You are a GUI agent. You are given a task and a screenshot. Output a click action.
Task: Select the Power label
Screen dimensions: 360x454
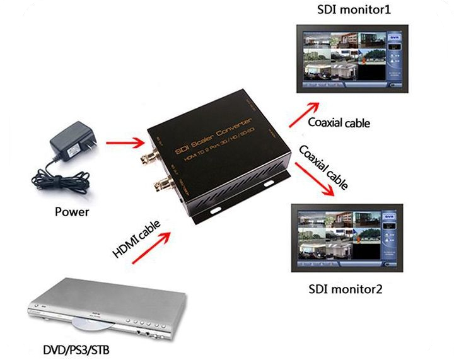(71, 212)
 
